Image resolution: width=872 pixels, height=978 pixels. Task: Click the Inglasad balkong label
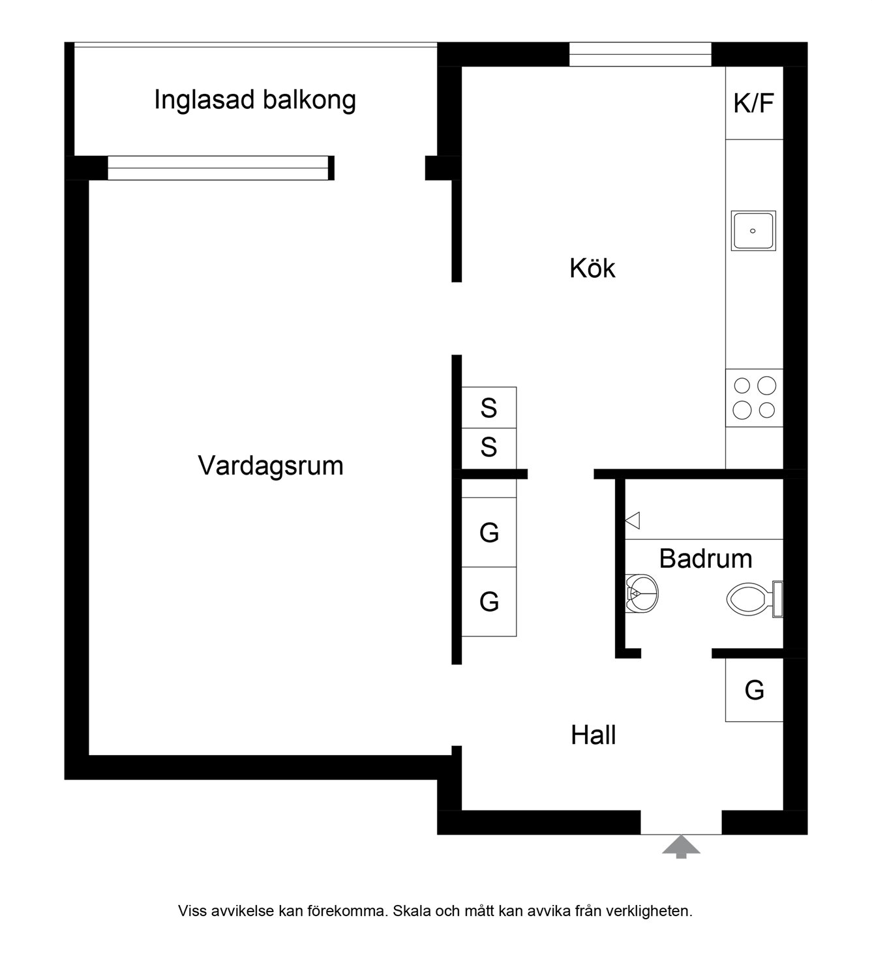tap(255, 100)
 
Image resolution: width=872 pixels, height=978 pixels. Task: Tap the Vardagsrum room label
tap(270, 466)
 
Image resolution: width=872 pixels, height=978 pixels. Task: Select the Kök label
tap(592, 269)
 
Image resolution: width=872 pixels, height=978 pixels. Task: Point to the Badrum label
tap(705, 559)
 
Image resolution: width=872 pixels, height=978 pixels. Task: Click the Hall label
tap(593, 735)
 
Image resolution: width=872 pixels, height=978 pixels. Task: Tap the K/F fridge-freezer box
tap(754, 103)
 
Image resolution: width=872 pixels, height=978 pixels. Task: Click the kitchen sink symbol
tap(753, 231)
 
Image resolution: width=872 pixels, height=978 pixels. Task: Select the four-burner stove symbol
tap(755, 398)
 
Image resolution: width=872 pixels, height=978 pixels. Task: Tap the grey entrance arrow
tap(681, 846)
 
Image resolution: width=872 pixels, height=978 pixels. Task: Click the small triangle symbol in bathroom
tap(633, 520)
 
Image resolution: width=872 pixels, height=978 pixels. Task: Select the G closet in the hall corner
tap(754, 690)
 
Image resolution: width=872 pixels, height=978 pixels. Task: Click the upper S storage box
tap(489, 408)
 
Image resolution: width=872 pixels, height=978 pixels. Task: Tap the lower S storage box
tap(489, 448)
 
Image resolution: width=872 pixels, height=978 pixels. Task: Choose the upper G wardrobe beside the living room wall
tap(489, 533)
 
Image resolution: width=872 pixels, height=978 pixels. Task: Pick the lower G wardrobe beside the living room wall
tap(489, 601)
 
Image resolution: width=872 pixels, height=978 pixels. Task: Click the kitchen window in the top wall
tap(640, 54)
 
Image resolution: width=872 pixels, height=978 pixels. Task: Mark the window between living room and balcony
tap(218, 168)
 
